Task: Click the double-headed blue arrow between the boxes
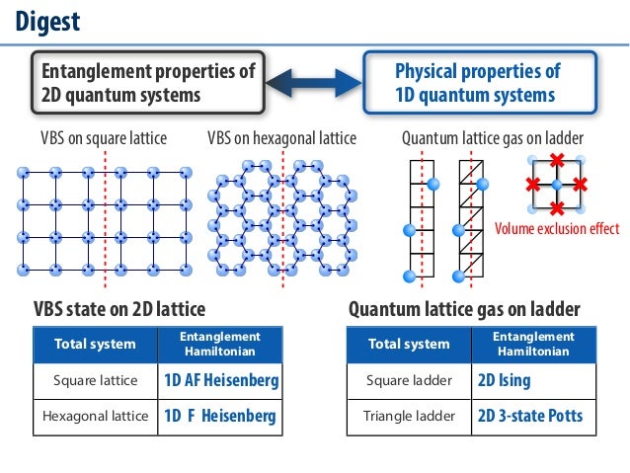pyautogui.click(x=314, y=83)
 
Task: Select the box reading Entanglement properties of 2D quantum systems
pyautogui.click(x=148, y=83)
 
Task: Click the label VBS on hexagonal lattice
pyautogui.click(x=281, y=137)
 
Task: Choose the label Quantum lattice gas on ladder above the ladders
pyautogui.click(x=493, y=137)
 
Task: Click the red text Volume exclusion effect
pyautogui.click(x=557, y=229)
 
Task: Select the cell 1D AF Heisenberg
pyautogui.click(x=220, y=381)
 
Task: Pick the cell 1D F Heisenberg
pyautogui.click(x=220, y=416)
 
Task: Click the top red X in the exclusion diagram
pyautogui.click(x=556, y=160)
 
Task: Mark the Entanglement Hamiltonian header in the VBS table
pyautogui.click(x=220, y=345)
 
